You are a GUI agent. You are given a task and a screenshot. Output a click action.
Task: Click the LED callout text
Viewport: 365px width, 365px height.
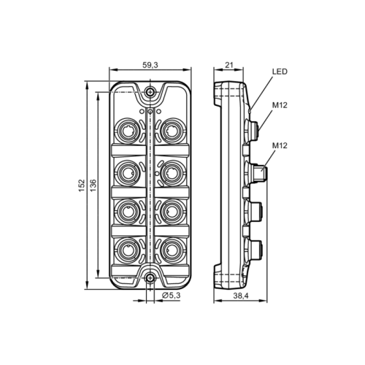point(280,72)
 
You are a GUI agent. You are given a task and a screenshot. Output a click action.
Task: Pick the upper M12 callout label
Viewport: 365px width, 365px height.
point(280,105)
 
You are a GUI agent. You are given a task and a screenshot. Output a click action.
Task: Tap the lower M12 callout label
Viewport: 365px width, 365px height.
point(280,145)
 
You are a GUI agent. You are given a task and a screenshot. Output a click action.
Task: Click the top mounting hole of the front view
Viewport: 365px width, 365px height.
point(150,92)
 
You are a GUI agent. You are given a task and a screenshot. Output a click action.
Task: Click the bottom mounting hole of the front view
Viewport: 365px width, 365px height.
point(150,277)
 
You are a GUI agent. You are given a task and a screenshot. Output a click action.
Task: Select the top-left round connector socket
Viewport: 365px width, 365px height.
point(128,133)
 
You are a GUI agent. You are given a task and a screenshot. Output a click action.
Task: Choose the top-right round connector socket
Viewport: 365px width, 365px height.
point(172,133)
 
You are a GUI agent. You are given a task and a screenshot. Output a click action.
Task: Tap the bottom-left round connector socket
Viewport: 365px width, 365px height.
point(128,246)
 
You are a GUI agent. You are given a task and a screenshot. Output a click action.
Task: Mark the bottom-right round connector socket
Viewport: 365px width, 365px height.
point(172,246)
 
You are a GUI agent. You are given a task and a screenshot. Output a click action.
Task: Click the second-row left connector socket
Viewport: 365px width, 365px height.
point(128,172)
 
